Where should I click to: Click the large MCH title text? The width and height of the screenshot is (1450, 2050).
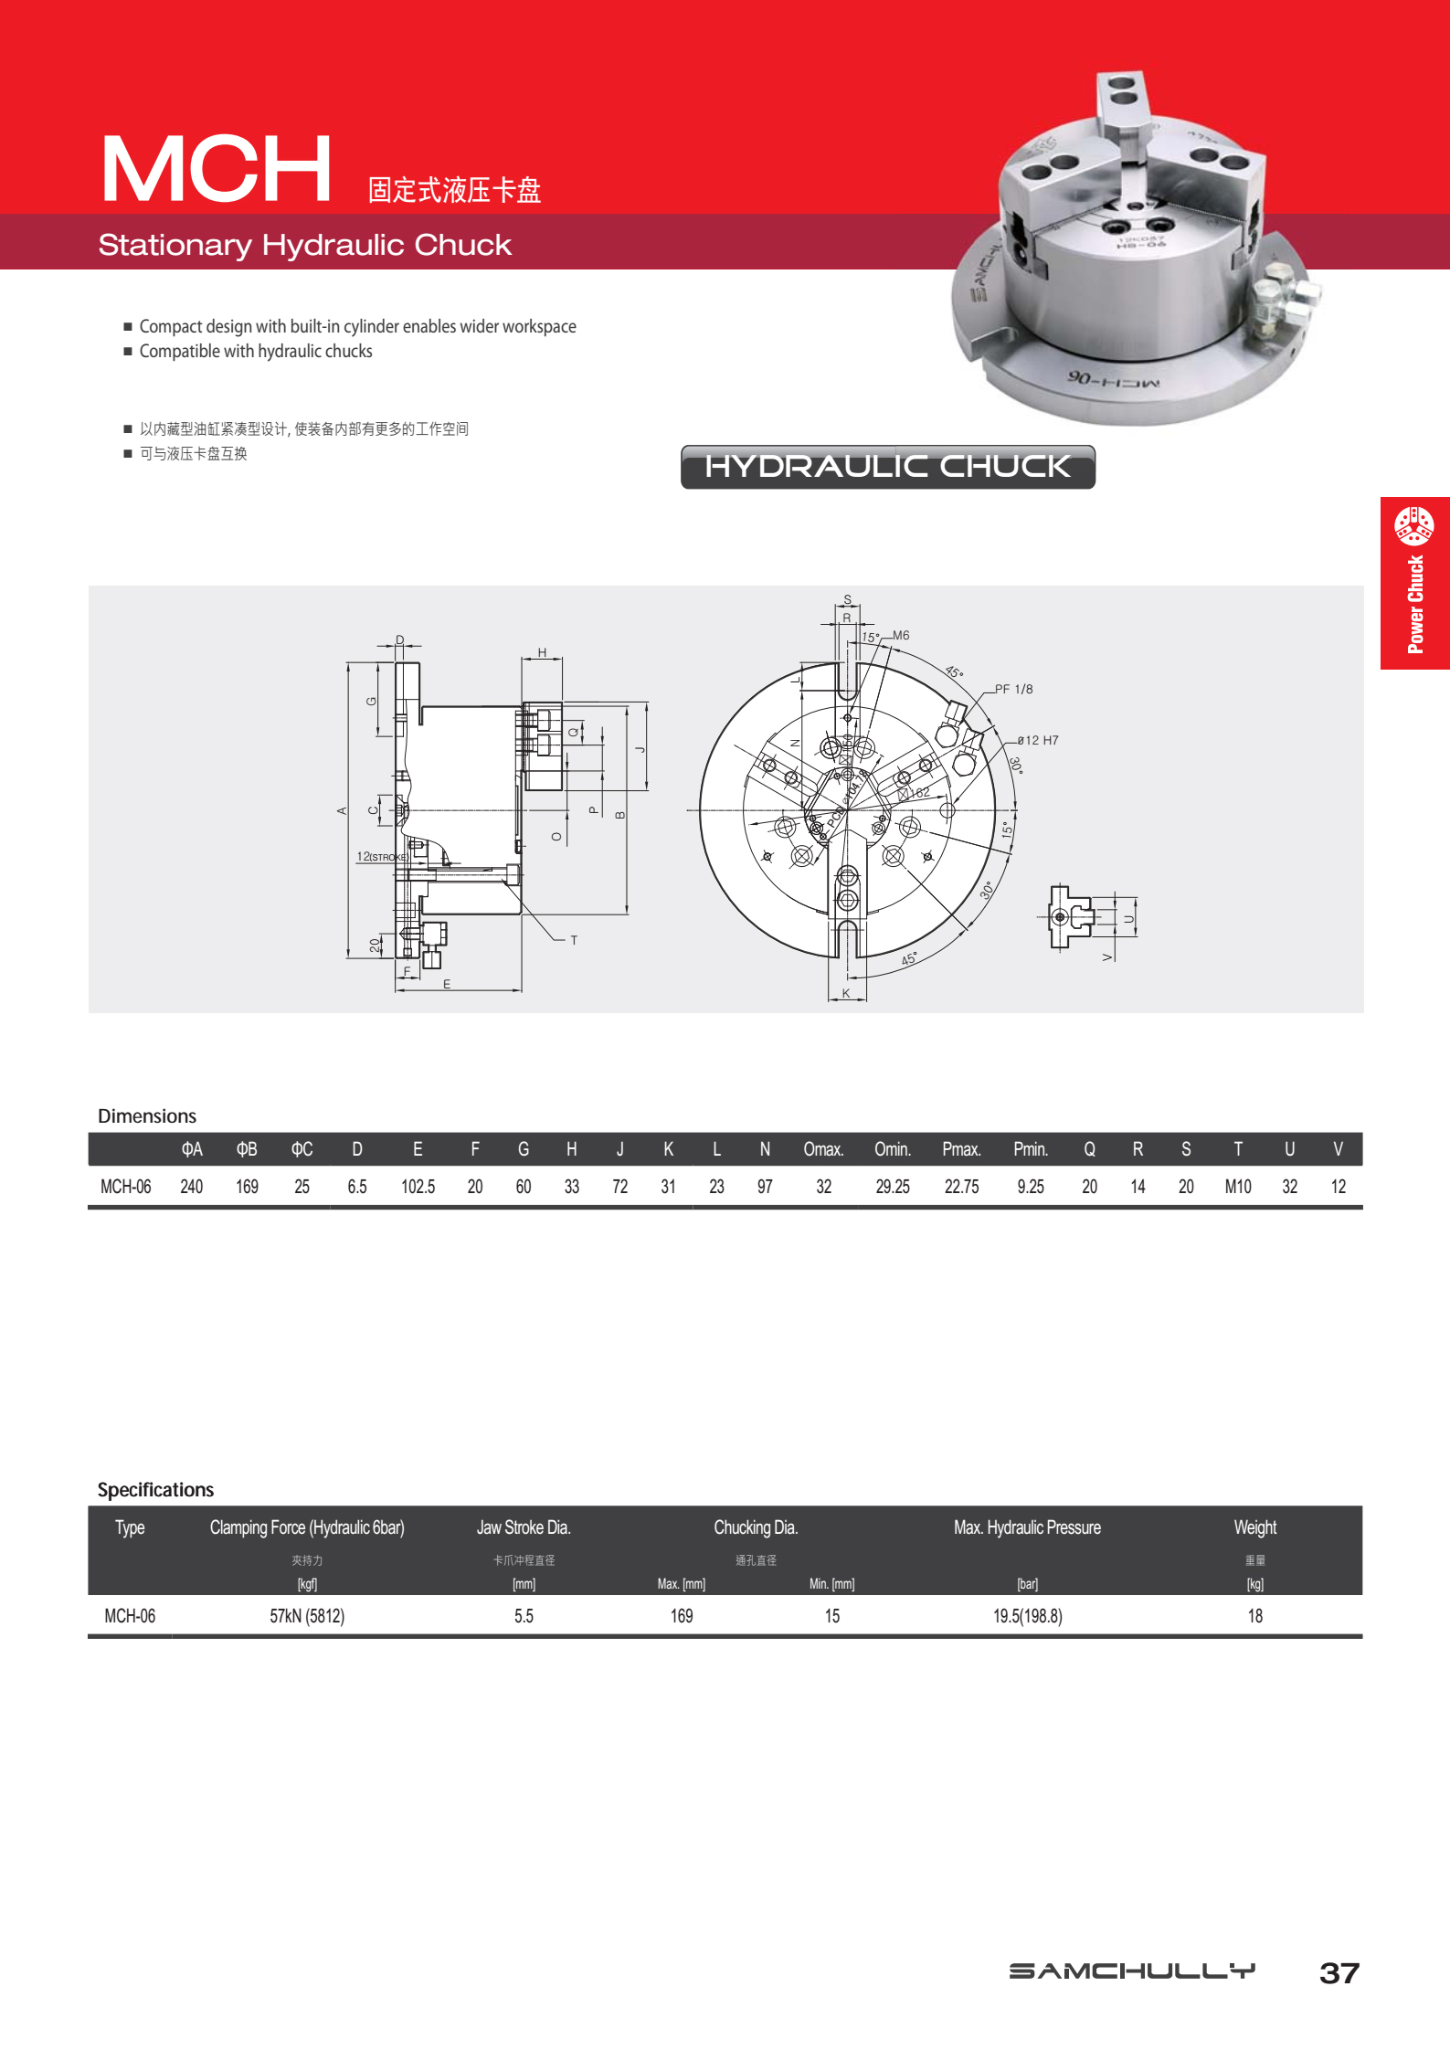tap(217, 169)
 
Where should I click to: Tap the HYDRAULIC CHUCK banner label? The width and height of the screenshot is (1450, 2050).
tap(887, 467)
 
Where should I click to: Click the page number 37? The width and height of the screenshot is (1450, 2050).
tap(1339, 1973)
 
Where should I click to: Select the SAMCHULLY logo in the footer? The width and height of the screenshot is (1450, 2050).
tap(1132, 1971)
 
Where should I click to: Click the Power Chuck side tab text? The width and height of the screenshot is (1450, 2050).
tap(1415, 603)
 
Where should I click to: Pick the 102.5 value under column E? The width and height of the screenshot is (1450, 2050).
tap(418, 1187)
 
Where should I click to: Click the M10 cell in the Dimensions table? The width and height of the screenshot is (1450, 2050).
tap(1237, 1187)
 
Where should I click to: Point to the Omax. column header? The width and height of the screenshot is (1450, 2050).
tap(823, 1149)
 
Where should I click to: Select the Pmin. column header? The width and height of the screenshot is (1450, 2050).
tap(1030, 1149)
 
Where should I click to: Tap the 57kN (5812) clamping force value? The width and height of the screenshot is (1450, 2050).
tap(307, 1616)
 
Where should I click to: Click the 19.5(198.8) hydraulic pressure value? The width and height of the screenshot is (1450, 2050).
tap(1027, 1616)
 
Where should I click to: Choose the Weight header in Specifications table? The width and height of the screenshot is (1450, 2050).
tap(1254, 1527)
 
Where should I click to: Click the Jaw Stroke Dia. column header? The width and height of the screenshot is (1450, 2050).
tap(524, 1527)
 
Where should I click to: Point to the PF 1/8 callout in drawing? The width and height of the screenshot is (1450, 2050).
tap(1014, 689)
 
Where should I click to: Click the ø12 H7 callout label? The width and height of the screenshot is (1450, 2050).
tap(1038, 740)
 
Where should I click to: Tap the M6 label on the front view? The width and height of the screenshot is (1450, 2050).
tap(901, 635)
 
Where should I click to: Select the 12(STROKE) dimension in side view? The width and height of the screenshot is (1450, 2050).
tap(382, 857)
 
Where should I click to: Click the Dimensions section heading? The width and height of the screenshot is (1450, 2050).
tap(147, 1116)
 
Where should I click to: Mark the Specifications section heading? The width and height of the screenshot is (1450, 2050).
tap(155, 1490)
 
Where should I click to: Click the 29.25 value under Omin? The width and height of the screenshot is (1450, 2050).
tap(892, 1187)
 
